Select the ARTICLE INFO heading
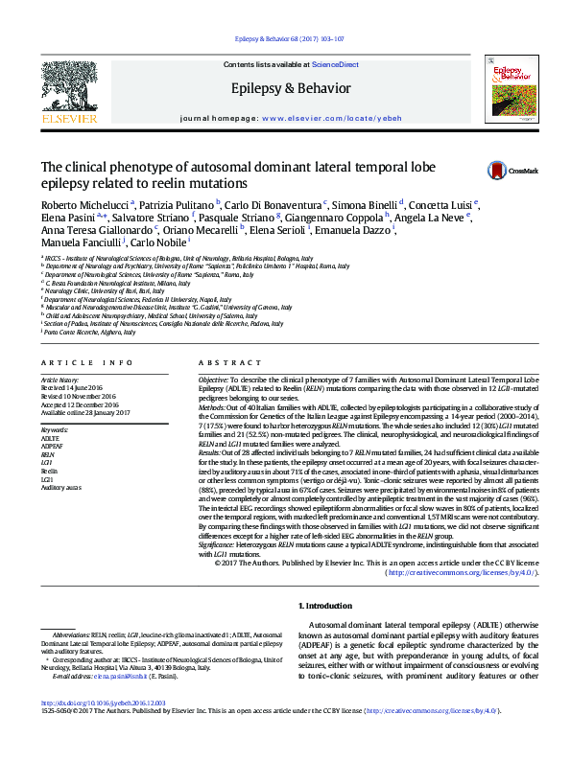coord(87,363)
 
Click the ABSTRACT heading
coord(223,363)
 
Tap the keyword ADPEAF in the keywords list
coord(54,446)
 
